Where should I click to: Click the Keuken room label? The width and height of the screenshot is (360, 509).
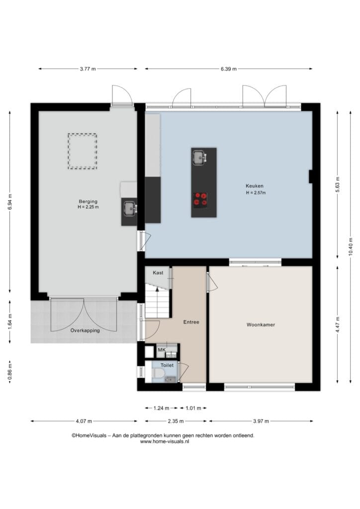tap(255, 186)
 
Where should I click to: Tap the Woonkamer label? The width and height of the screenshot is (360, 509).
tap(261, 325)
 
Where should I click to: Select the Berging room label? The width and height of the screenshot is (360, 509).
tap(88, 202)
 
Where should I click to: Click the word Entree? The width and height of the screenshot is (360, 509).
tap(191, 322)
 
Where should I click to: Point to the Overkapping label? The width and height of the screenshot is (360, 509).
tap(85, 331)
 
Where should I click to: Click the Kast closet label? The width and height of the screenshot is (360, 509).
tap(158, 273)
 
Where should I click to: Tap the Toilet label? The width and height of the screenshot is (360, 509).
tap(167, 365)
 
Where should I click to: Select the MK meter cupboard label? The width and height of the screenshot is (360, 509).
tap(162, 350)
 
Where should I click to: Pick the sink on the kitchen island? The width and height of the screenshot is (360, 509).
tap(199, 158)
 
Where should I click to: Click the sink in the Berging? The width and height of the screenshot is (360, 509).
tap(129, 208)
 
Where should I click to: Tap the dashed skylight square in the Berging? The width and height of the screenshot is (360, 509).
tap(83, 151)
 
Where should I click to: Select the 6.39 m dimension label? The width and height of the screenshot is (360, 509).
tap(229, 69)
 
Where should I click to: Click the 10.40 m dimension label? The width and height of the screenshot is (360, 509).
tap(351, 247)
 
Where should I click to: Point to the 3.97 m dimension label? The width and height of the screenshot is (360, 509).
tap(261, 422)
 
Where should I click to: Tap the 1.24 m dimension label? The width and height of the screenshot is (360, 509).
tap(161, 408)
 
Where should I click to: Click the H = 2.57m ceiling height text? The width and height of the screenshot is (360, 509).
tap(256, 193)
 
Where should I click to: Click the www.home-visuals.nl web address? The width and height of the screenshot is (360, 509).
tap(165, 441)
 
